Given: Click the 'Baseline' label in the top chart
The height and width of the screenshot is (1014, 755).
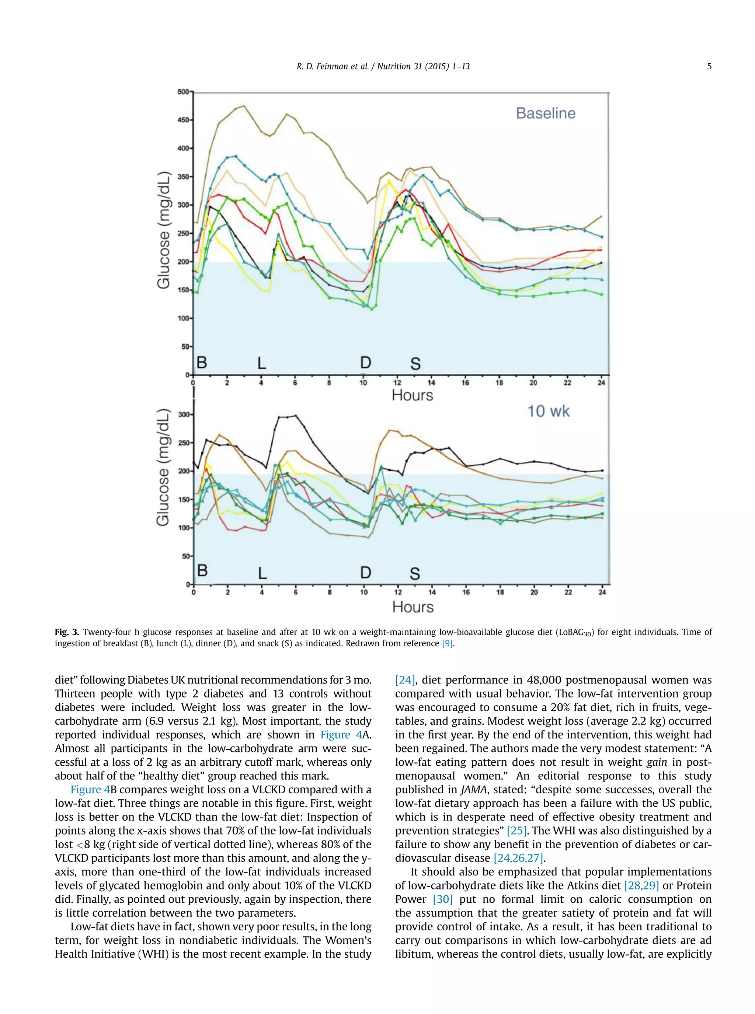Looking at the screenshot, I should (x=545, y=113).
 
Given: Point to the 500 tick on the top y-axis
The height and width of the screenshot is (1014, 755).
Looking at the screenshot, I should (x=183, y=92).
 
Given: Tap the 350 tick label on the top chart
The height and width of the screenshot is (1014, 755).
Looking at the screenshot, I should (x=183, y=177).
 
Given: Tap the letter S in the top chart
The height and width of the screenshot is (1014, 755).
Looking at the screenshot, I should (x=415, y=364).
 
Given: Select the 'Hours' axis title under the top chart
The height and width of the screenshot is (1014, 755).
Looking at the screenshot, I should (x=412, y=395).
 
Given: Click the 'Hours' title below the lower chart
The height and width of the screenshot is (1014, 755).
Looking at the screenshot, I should (x=413, y=606).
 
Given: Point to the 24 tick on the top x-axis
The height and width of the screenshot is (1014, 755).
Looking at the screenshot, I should (x=601, y=383).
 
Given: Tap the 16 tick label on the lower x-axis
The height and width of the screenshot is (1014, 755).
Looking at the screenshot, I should (x=466, y=592).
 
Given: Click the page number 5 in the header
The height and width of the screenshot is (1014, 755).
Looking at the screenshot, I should (x=709, y=67).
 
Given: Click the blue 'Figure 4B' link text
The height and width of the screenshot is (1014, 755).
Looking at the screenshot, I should (x=90, y=789).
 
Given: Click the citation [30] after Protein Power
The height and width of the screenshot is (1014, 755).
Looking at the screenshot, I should (x=442, y=899).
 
